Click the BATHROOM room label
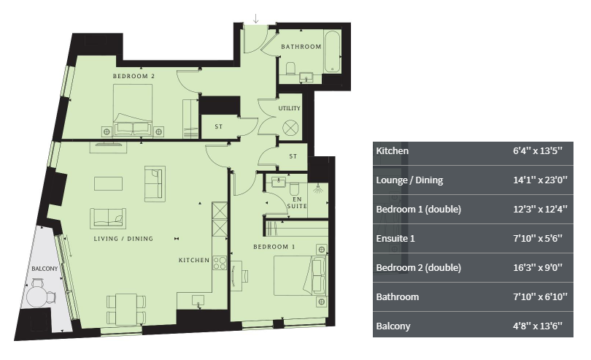[x=301, y=47]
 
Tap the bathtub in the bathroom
[x=333, y=51]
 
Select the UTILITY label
[x=290, y=108]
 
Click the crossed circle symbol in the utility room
[x=290, y=127]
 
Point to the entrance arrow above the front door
[x=256, y=18]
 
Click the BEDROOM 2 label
[x=134, y=76]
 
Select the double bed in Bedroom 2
[x=133, y=110]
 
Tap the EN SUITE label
[x=297, y=203]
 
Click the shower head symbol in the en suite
[x=319, y=188]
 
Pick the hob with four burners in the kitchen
[x=220, y=263]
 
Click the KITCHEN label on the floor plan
[x=194, y=260]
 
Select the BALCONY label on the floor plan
[x=45, y=269]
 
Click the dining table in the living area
[x=126, y=310]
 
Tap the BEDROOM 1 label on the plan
[x=274, y=247]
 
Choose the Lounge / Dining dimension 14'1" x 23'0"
[x=540, y=180]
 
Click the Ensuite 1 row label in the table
[x=395, y=239]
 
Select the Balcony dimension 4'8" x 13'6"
[x=538, y=326]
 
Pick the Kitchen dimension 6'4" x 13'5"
[x=538, y=151]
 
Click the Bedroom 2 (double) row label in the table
[x=418, y=267]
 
